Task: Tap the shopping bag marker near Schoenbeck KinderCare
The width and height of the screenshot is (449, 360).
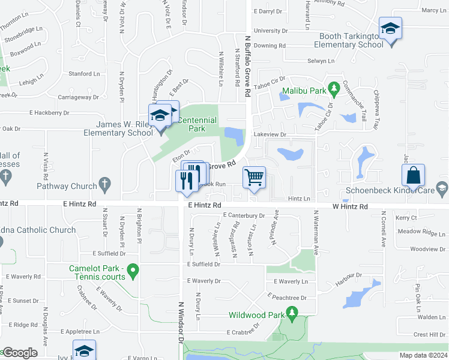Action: (x=413, y=176)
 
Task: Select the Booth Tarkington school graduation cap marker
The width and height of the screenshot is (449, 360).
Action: (x=390, y=29)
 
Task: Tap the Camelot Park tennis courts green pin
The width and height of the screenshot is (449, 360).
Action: (x=133, y=271)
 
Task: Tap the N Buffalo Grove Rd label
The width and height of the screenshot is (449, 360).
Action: (x=247, y=66)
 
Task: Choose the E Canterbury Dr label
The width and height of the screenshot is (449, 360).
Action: (x=243, y=215)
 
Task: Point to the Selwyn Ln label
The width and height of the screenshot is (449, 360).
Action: (x=321, y=61)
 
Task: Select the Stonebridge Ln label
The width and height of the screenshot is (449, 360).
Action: (x=23, y=37)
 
